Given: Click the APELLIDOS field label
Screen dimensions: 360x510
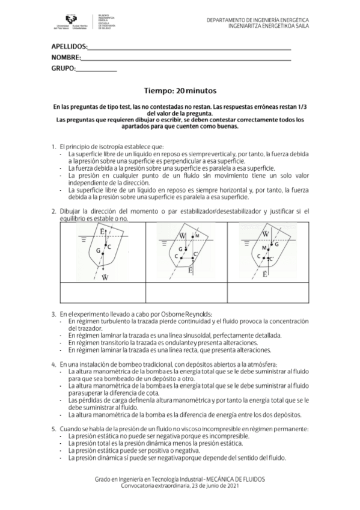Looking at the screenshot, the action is (70, 46).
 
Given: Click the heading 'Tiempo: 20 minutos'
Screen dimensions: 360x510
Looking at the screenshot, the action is (180, 91).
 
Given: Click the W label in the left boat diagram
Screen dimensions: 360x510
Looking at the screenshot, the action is (105, 277).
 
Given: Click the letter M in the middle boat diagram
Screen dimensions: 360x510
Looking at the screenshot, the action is (197, 235).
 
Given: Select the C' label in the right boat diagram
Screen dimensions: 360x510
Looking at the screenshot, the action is (272, 259).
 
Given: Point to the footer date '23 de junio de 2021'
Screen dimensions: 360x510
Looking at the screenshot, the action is (209, 485).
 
